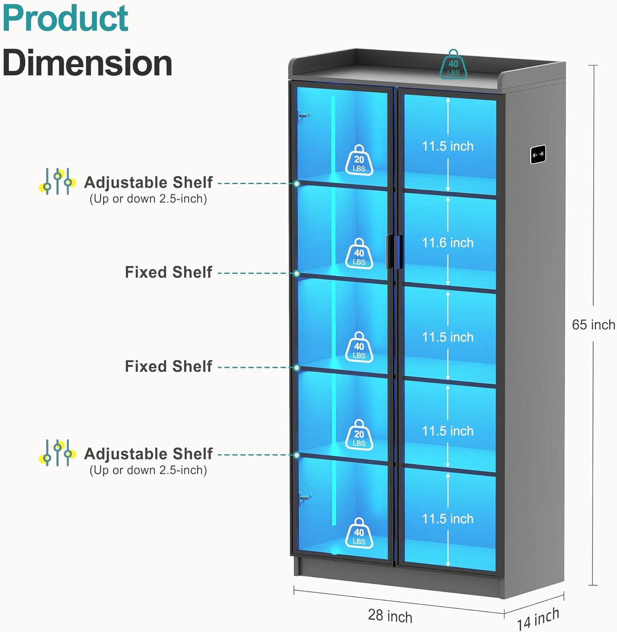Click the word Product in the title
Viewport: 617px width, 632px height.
coord(66,18)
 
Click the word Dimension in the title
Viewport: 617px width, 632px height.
coord(87,63)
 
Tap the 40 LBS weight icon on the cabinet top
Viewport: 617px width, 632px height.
coord(453,64)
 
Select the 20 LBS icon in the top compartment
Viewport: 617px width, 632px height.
coord(359,160)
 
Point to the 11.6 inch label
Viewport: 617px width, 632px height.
coord(447,243)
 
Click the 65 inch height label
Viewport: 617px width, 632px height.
coord(593,325)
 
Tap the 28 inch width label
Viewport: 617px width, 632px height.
coord(390,615)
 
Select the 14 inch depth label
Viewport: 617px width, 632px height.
coord(538,619)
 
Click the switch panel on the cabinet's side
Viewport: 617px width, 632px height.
coord(538,155)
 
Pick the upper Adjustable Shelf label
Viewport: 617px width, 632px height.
coord(148,182)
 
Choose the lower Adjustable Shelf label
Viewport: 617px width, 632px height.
coord(148,454)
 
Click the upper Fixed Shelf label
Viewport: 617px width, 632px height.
coord(169,272)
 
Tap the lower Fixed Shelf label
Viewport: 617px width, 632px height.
coord(169,366)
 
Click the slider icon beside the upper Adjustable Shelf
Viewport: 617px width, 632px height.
coord(58,181)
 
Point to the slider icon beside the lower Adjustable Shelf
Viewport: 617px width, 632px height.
coord(58,453)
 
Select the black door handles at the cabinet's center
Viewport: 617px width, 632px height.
coord(395,252)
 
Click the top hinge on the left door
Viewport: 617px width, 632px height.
coord(304,115)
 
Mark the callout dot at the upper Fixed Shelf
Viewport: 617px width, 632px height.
coord(296,273)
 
